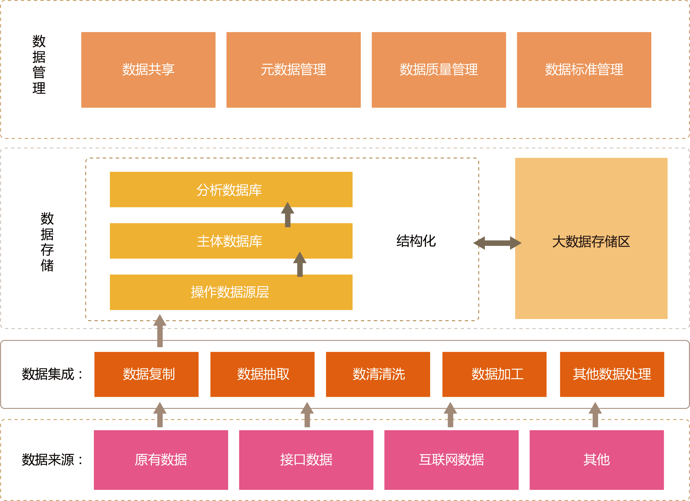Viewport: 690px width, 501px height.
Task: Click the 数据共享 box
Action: (148, 70)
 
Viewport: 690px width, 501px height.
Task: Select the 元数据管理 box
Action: (293, 70)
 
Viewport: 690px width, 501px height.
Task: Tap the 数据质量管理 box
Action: (439, 70)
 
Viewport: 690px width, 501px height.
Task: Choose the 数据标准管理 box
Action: (584, 70)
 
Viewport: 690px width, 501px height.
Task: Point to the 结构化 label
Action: (416, 241)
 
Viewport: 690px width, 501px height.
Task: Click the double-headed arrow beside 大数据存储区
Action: (497, 243)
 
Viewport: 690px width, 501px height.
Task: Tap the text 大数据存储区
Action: (591, 242)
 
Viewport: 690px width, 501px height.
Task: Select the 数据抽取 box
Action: (262, 374)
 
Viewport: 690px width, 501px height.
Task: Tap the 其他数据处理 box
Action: (612, 374)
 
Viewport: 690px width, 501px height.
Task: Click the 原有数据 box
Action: (161, 460)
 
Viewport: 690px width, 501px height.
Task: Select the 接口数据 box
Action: (306, 460)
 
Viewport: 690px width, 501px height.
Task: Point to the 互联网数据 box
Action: (451, 460)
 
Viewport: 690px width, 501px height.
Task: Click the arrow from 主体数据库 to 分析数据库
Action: (288, 215)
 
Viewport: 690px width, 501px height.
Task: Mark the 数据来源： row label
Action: (53, 460)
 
